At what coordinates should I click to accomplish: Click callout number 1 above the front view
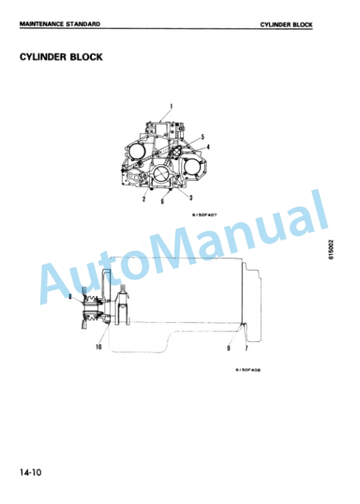point(171,107)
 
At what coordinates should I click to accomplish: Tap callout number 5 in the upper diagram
point(202,137)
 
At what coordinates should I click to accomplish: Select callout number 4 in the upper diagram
point(208,147)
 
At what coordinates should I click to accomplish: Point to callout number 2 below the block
point(144,199)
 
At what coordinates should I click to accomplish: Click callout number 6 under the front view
point(162,201)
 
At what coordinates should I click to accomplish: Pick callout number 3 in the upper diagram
point(191,198)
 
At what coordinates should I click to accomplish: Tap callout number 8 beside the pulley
point(70,296)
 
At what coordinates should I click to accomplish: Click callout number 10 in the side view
point(99,347)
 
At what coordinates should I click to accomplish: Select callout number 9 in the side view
point(228,348)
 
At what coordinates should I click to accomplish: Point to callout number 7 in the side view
point(246,348)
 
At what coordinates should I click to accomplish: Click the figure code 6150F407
point(205,215)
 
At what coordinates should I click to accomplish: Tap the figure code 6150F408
point(248,370)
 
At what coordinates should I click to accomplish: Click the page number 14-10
point(31,472)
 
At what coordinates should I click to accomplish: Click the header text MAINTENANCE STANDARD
point(60,24)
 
